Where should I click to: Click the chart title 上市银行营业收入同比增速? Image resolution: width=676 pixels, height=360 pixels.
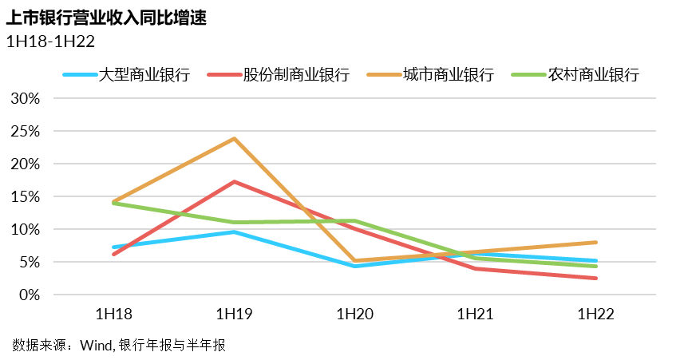pos(107,18)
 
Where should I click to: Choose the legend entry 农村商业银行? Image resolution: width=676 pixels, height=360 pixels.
pos(594,76)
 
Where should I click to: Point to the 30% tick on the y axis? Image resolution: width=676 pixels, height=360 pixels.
pos(25,98)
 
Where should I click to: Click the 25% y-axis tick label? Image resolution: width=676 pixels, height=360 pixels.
pos(25,131)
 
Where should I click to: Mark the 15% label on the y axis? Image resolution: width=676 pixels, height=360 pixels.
pos(25,196)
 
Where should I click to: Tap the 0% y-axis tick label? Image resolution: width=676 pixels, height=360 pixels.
pos(28,295)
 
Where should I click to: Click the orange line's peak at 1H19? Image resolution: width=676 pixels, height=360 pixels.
pos(235,138)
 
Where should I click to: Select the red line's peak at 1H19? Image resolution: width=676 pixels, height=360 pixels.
pos(235,181)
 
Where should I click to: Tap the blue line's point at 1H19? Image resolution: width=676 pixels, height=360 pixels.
pos(235,231)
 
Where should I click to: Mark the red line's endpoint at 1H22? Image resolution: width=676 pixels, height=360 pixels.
pos(595,278)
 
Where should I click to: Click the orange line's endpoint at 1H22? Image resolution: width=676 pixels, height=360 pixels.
pos(595,242)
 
